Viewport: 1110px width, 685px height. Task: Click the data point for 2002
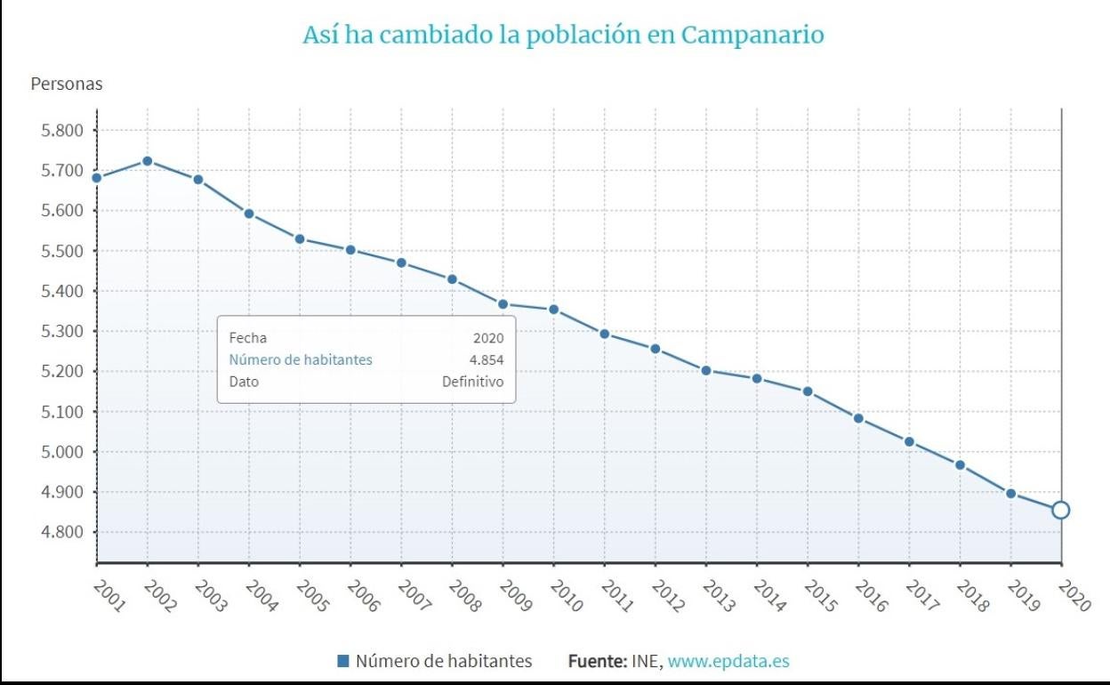pyautogui.click(x=148, y=161)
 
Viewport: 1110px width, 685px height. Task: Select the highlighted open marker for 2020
pyautogui.click(x=1060, y=510)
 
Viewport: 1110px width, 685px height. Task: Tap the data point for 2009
pyautogui.click(x=503, y=304)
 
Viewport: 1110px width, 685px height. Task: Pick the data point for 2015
pyautogui.click(x=807, y=391)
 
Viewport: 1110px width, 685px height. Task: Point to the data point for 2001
pyautogui.click(x=97, y=177)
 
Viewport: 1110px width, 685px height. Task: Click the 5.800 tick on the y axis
pyautogui.click(x=57, y=131)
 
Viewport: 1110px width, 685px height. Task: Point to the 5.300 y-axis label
pyautogui.click(x=57, y=331)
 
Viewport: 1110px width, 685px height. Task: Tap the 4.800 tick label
pyautogui.click(x=57, y=532)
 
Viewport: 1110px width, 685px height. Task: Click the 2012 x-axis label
pyautogui.click(x=669, y=596)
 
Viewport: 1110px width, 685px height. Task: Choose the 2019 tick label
pyautogui.click(x=1024, y=596)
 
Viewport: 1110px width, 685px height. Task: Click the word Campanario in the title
pyautogui.click(x=752, y=36)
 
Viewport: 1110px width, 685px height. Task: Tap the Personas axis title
pyautogui.click(x=67, y=85)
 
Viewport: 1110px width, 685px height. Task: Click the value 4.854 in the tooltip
pyautogui.click(x=487, y=359)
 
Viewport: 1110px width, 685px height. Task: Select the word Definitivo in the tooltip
pyautogui.click(x=472, y=382)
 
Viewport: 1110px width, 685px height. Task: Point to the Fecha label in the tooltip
pyautogui.click(x=247, y=338)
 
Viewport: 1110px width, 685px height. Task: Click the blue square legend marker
pyautogui.click(x=343, y=661)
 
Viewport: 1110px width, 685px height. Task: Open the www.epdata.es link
pyautogui.click(x=728, y=661)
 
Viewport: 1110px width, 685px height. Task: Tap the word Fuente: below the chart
pyautogui.click(x=597, y=661)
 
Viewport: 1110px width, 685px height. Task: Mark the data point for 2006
pyautogui.click(x=350, y=250)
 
